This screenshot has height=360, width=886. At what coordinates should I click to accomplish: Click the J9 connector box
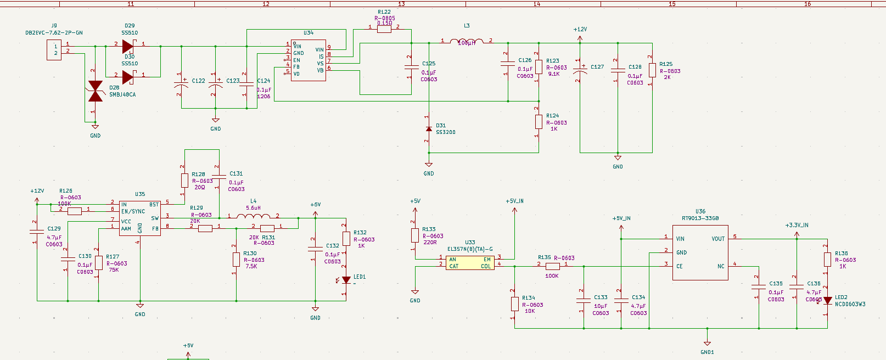54,50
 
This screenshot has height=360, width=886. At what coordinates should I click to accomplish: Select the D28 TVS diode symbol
96,91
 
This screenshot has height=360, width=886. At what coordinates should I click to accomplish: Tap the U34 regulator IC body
308,60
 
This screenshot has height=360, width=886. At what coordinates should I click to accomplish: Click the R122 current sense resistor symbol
384,29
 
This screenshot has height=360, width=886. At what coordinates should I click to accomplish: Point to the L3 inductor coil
467,41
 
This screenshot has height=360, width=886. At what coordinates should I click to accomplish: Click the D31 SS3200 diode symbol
429,129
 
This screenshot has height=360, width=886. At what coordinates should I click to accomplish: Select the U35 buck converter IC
140,218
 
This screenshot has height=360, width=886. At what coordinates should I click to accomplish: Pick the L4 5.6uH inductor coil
253,216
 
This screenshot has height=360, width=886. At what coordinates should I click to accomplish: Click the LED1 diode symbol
346,280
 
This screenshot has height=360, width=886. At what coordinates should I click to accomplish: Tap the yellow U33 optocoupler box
470,263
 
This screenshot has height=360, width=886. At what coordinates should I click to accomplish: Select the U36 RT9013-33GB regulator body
700,252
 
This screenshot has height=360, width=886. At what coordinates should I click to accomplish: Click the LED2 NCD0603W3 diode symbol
827,301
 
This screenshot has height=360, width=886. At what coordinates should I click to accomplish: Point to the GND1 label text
707,352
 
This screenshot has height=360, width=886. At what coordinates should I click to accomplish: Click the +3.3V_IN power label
797,225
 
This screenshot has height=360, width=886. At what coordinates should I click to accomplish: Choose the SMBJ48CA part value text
122,95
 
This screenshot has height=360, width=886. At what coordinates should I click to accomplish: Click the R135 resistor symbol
552,266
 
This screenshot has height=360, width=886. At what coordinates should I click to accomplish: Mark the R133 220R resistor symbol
415,235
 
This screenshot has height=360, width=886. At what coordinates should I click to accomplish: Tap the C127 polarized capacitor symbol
580,70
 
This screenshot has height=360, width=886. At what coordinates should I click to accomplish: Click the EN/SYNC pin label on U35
133,211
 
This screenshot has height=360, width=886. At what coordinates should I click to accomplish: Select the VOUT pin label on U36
718,239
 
